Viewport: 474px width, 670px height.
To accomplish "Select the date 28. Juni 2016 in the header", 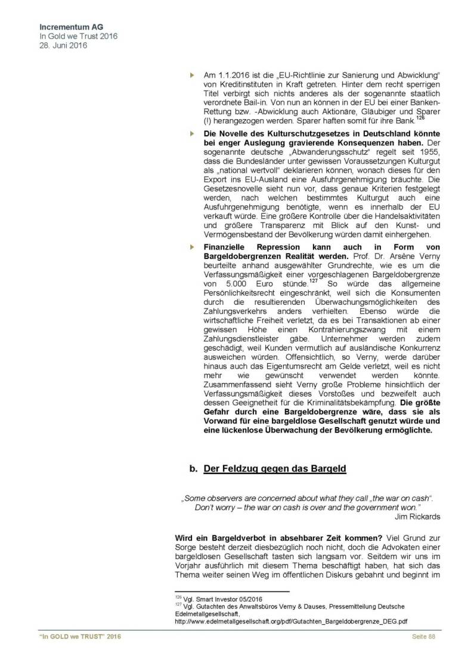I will point(63,45).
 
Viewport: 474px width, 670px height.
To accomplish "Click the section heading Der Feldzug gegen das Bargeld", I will point(275,469).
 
